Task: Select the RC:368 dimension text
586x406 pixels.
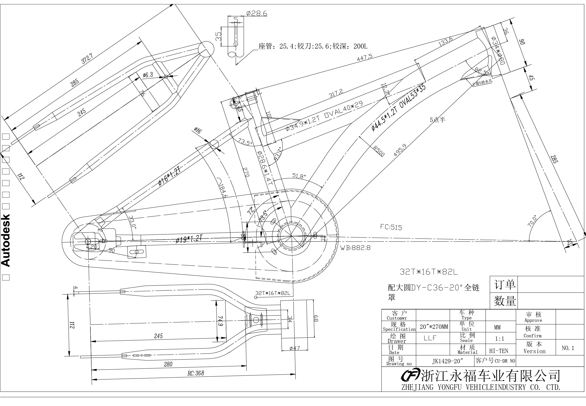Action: pos(196,373)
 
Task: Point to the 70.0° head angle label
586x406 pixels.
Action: pos(532,221)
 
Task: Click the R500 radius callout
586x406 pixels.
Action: pos(379,151)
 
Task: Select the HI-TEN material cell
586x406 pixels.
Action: pos(498,351)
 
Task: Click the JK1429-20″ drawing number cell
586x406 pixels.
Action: pos(448,361)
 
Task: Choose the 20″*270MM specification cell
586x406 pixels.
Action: pos(434,327)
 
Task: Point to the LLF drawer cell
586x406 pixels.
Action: pos(430,338)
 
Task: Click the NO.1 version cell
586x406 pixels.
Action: pos(568,348)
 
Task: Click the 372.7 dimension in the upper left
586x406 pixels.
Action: pos(87,58)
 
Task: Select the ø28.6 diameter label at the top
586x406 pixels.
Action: pos(257,13)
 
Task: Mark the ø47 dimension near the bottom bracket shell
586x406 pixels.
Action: pos(295,348)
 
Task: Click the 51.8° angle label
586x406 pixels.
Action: pos(299,175)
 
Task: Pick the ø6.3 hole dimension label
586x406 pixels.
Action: pos(148,75)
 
